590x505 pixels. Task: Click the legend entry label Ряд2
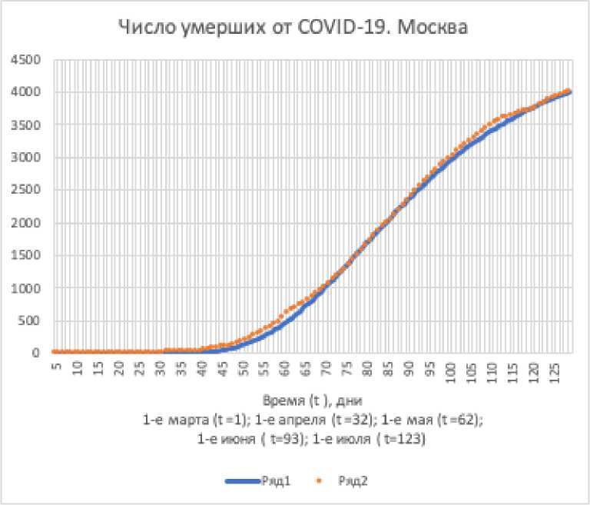tap(351, 481)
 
